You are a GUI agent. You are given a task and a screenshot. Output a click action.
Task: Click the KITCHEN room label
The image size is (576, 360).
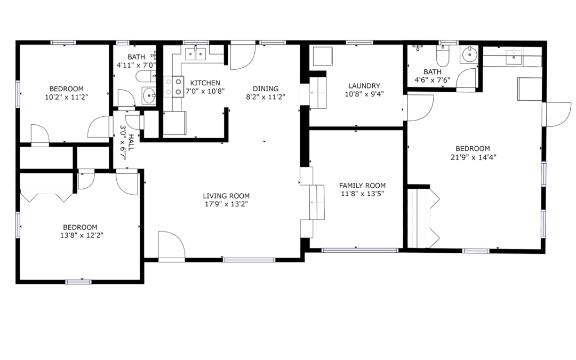(x=205, y=83)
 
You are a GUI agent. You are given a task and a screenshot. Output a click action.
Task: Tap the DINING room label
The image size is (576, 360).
(x=266, y=89)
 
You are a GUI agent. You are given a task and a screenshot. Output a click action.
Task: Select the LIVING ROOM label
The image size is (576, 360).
(x=226, y=196)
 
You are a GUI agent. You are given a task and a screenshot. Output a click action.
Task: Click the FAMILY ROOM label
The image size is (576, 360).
(x=362, y=186)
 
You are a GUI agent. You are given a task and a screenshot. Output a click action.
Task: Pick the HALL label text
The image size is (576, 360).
(x=131, y=142)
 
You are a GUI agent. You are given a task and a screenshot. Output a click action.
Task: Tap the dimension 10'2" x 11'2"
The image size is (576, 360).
(x=67, y=97)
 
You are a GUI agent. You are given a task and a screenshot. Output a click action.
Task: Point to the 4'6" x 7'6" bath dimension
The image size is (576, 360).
(x=433, y=80)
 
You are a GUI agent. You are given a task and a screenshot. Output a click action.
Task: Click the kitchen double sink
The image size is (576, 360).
(x=195, y=54)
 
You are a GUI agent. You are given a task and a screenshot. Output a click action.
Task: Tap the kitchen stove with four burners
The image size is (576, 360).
(x=173, y=87)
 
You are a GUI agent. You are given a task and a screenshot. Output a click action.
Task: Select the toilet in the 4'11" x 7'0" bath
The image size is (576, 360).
(x=146, y=77)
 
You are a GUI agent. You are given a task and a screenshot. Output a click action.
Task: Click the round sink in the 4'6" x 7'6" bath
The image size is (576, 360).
(x=469, y=55)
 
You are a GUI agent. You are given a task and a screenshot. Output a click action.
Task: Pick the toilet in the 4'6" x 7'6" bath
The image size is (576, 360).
(x=443, y=55)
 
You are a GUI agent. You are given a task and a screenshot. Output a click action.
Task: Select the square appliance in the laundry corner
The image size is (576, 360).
(x=323, y=56)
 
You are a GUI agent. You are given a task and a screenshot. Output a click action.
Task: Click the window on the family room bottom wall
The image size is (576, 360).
(x=359, y=250)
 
